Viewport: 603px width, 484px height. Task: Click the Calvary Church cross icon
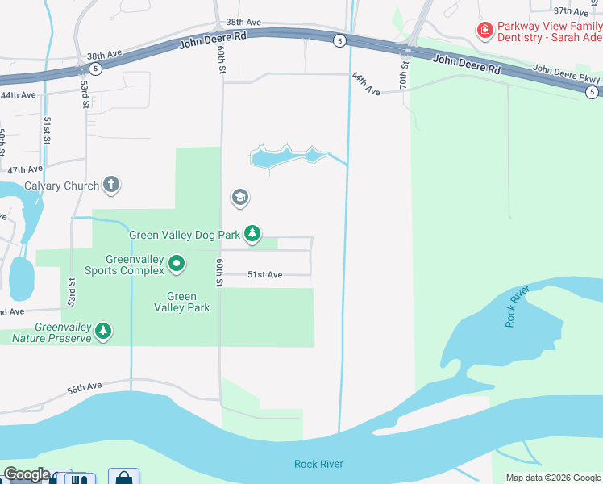(111, 186)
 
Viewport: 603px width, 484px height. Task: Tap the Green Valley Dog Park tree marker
(253, 234)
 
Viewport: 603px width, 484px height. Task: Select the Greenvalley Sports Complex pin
(177, 263)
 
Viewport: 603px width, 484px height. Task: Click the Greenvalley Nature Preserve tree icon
(103, 332)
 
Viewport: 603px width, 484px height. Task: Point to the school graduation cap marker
(239, 198)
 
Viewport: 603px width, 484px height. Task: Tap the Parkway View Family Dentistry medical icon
(485, 31)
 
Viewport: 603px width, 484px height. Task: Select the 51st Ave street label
(264, 275)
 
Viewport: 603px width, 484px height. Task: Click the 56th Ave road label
(85, 389)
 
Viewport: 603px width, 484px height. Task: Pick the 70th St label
(405, 73)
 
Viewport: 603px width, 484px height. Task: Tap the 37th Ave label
(572, 11)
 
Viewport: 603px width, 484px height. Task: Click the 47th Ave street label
(24, 170)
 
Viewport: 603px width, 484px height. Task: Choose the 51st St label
(48, 129)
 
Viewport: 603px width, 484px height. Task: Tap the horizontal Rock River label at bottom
(318, 464)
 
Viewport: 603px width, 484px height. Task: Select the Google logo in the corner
(26, 474)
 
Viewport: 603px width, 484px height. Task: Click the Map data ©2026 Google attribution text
(553, 478)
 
